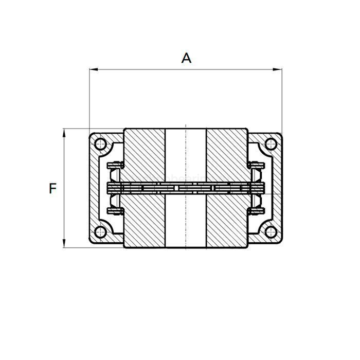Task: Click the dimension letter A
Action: [x=186, y=58]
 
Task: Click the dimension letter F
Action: [x=52, y=189]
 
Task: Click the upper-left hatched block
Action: [x=145, y=154]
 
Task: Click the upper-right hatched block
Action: [x=227, y=154]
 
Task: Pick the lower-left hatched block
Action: [x=145, y=221]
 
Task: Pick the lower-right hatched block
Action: [x=227, y=221]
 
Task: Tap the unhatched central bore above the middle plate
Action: [x=186, y=154]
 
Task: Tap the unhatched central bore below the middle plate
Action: [x=186, y=221]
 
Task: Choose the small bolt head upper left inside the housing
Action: [x=115, y=166]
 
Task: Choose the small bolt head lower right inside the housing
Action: [x=256, y=211]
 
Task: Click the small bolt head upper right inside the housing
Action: [x=256, y=166]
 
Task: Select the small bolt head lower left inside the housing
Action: [x=115, y=211]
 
